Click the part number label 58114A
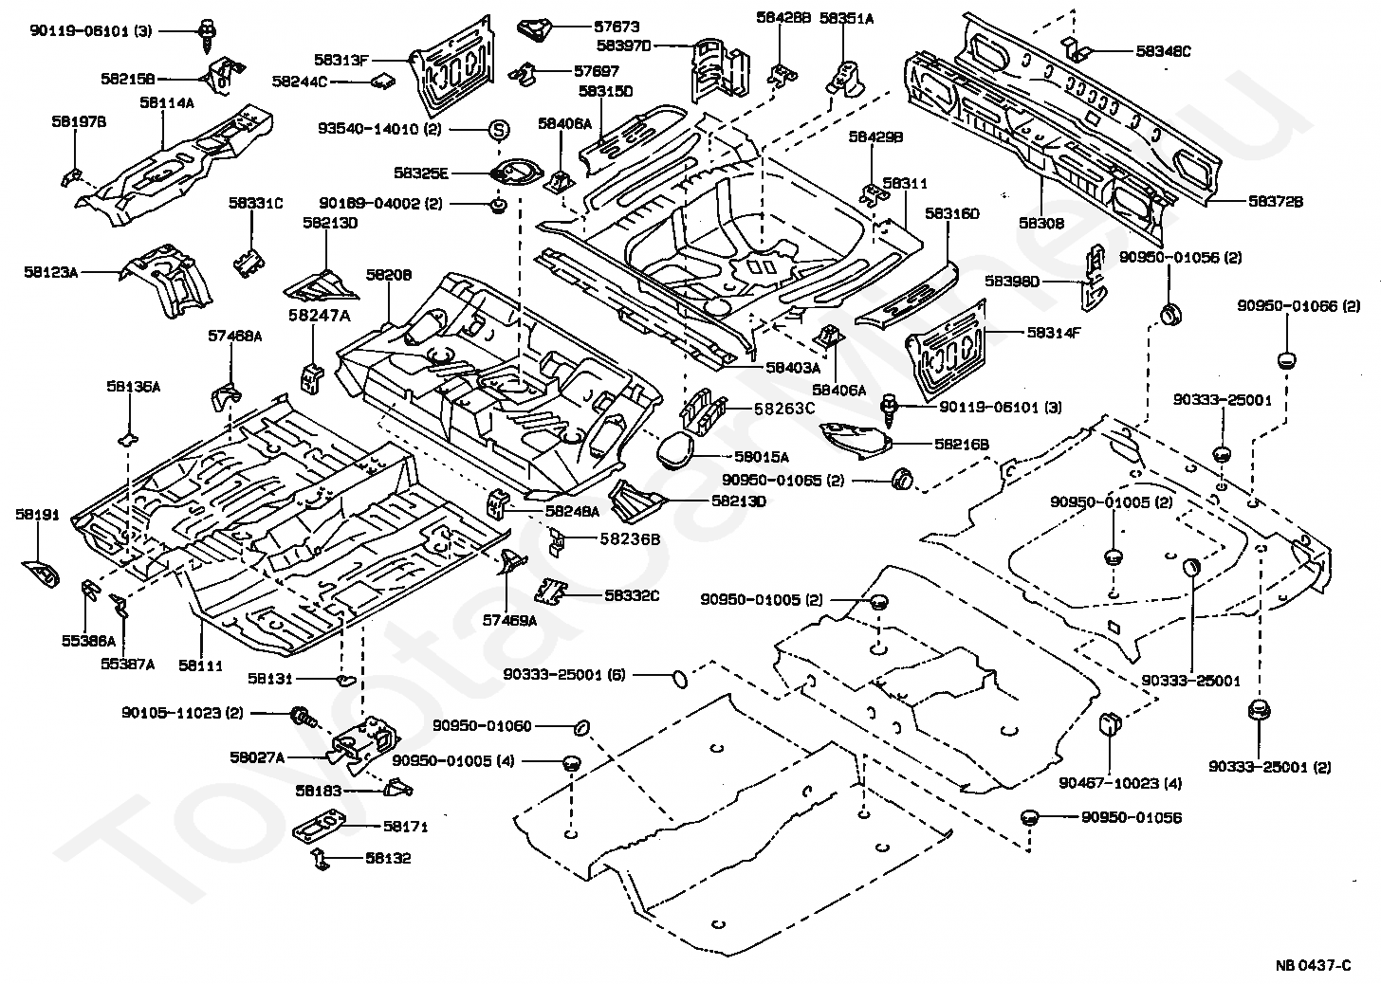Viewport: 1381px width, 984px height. click(x=167, y=102)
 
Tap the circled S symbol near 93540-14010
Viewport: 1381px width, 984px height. click(x=499, y=129)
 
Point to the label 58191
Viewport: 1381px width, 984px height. click(x=37, y=515)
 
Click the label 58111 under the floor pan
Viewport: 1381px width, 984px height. click(x=200, y=665)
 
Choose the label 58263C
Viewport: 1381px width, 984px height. click(x=784, y=409)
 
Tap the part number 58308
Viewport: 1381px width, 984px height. click(x=1041, y=224)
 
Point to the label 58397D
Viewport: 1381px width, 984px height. click(x=623, y=45)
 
